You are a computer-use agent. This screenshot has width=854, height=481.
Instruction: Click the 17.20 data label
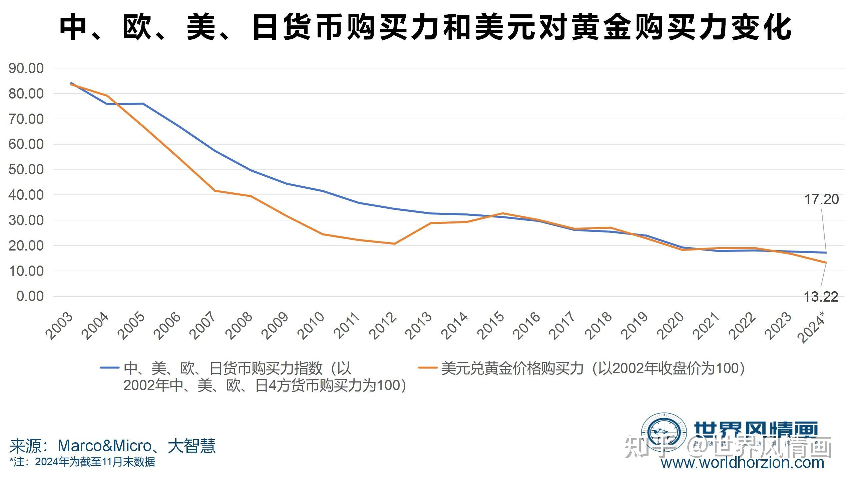point(821,199)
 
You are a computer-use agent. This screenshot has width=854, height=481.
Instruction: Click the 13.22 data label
point(821,297)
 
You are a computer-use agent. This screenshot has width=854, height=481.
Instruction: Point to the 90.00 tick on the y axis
point(26,68)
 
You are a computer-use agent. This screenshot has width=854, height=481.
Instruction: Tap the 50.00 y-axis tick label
point(26,169)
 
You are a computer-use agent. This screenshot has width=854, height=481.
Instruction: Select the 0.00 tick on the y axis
point(30,296)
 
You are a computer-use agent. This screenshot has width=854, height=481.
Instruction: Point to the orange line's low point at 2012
point(394,244)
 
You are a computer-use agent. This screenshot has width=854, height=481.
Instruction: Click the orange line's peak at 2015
point(502,213)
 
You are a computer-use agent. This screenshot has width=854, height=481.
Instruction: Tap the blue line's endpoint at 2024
point(826,253)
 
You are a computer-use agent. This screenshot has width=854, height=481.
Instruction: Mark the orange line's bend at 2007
point(215,191)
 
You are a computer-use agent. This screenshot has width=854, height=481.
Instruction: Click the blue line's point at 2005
point(143,104)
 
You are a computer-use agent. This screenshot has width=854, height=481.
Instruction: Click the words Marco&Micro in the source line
point(105,446)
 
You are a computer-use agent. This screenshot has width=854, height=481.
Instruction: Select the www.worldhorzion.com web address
point(743,463)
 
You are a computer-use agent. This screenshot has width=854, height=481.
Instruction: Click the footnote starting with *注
point(82,462)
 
